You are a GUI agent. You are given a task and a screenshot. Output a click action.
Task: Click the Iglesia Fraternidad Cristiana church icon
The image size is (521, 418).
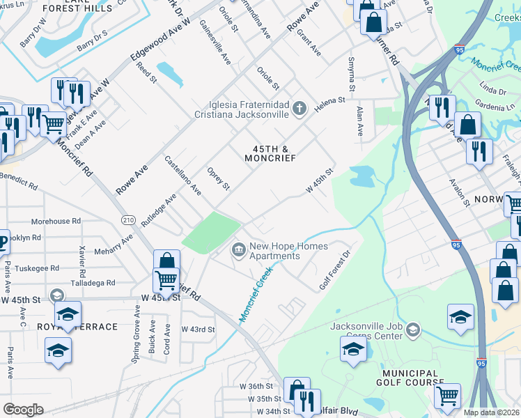pos(300,108)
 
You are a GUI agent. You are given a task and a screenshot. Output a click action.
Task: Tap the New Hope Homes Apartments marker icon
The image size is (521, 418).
pos(239,249)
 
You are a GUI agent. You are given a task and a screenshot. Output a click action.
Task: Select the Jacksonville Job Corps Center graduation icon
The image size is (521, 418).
pos(413,329)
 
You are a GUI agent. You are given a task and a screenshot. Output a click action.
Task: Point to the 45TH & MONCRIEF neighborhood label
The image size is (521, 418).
pos(270,153)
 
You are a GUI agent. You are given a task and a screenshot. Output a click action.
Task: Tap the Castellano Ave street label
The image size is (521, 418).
pos(182,175)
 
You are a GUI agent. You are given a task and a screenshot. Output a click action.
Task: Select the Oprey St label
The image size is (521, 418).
pos(219,178)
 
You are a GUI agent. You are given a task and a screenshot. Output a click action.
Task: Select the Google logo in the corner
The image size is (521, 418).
pos(23,409)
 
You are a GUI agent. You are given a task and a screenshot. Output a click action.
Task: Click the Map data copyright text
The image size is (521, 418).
pos(491,412)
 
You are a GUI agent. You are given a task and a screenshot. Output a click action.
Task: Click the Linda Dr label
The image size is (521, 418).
pos(492,91)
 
